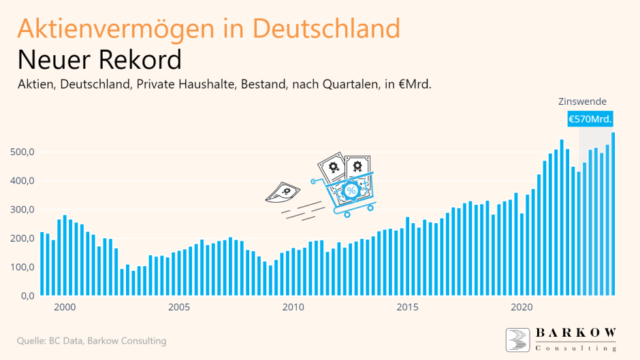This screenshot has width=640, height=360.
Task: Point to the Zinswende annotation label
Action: point(582,101)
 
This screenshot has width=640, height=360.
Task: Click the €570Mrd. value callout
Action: point(590,119)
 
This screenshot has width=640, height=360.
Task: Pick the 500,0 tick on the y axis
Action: point(20,152)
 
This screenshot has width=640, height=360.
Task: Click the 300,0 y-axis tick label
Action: point(20,210)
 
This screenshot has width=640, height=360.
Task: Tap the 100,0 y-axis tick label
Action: point(20,267)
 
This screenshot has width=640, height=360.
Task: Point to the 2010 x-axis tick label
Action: point(293,307)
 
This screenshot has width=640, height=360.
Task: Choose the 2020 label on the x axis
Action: point(522,307)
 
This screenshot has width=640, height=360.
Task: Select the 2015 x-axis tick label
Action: point(407,307)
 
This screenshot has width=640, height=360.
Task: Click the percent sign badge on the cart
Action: point(351,191)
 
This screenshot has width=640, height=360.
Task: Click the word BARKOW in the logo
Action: point(575,333)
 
